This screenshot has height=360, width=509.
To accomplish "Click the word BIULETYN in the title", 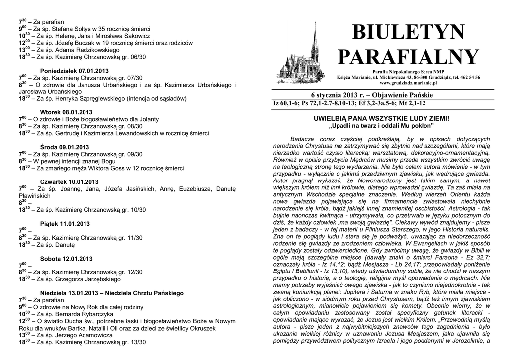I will tap(409, 33).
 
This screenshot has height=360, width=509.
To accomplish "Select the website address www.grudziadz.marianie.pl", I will tap(408, 83).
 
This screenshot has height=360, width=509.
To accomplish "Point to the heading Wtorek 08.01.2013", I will tap(66, 112).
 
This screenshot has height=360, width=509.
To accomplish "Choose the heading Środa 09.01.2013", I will tap(64, 147).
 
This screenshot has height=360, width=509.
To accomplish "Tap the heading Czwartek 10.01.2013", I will tap(69, 181).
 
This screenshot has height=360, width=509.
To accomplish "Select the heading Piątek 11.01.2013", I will tap(65, 224).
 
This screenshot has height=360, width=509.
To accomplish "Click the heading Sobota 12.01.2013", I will tap(66, 259).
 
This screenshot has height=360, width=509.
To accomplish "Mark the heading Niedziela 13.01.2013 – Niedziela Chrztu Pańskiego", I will tap(112, 293).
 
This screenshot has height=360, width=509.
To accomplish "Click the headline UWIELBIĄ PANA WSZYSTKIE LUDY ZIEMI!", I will tap(381, 119).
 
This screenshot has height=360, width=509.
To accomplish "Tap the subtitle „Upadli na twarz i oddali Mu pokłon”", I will tap(381, 126).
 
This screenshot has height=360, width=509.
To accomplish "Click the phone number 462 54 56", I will tap(469, 77).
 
